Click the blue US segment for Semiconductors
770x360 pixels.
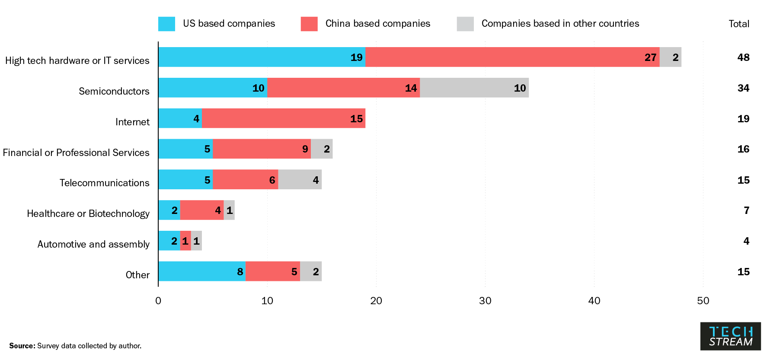pyautogui.click(x=212, y=88)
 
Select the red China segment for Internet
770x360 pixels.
pyautogui.click(x=284, y=118)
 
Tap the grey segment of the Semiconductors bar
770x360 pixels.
pyautogui.click(x=474, y=88)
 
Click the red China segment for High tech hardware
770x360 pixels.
pyautogui.click(x=512, y=57)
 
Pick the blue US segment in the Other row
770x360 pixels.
pyautogui.click(x=201, y=271)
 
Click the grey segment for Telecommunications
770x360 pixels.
pyautogui.click(x=300, y=179)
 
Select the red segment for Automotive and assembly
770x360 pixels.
pyautogui.click(x=185, y=241)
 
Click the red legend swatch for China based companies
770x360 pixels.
pyautogui.click(x=309, y=24)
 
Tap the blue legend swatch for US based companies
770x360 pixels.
pyautogui.click(x=166, y=24)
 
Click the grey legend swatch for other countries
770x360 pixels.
pyautogui.click(x=465, y=24)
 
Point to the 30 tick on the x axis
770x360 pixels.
pyautogui.click(x=485, y=301)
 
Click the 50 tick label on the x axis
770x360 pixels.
pyautogui.click(x=703, y=301)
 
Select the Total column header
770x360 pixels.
pyautogui.click(x=739, y=24)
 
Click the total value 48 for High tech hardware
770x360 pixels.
pyautogui.click(x=743, y=57)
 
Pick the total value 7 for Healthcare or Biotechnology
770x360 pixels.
pyautogui.click(x=746, y=210)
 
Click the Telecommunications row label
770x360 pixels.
pyautogui.click(x=105, y=183)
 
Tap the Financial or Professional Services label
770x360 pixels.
pyautogui.click(x=76, y=153)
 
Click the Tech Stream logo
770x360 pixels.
pyautogui.click(x=731, y=336)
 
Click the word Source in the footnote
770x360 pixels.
pyautogui.click(x=22, y=346)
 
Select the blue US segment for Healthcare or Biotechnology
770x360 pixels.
pyautogui.click(x=169, y=210)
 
